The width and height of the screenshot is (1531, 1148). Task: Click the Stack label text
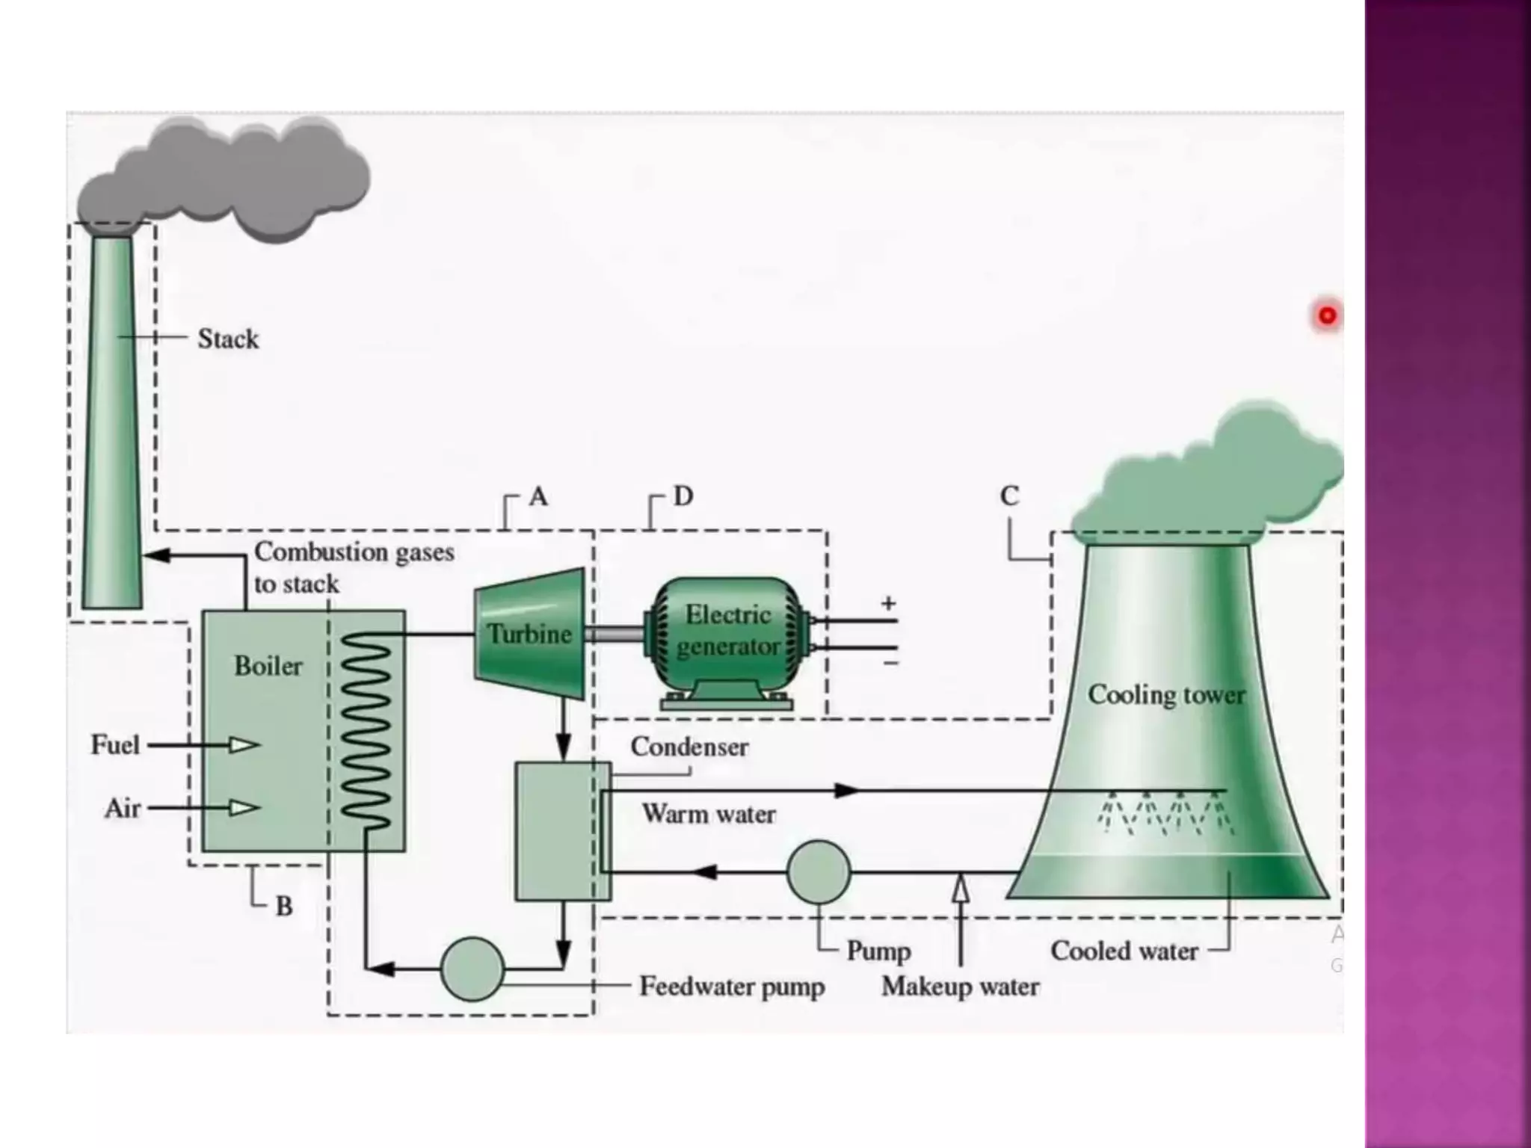228,339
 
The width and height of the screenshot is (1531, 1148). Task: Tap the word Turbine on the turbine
529,635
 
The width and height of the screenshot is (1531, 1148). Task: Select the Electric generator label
728,630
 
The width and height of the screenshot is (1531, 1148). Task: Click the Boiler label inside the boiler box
268,666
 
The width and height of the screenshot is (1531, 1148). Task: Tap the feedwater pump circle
472,969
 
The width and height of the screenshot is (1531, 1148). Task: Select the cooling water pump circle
819,872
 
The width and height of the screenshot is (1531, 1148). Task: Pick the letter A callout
538,496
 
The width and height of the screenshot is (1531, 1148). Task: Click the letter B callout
284,907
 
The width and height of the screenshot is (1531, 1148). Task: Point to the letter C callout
1009,496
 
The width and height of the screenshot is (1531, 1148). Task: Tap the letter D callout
683,496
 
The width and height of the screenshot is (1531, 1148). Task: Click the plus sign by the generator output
888,603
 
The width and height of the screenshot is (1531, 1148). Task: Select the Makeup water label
961,987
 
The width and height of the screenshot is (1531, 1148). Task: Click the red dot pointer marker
1327,315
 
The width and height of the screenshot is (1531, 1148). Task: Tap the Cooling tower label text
1166,695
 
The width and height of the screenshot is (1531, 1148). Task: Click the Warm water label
709,814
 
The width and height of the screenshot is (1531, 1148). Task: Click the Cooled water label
1124,951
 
